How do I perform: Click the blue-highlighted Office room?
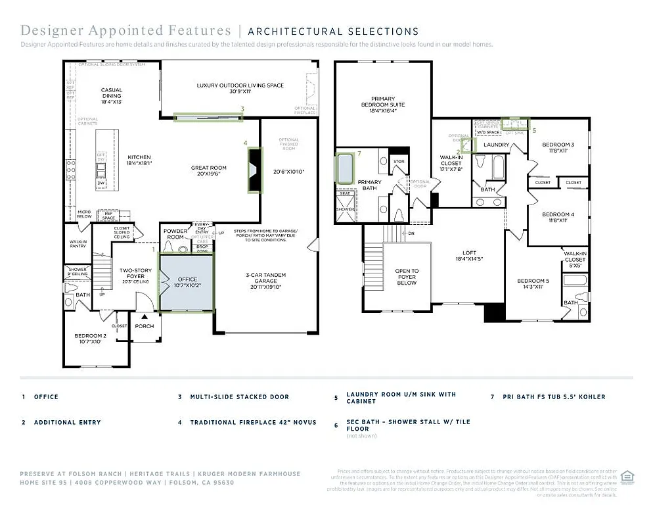[187, 282]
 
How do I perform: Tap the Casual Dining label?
[111, 96]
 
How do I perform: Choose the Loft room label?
[469, 256]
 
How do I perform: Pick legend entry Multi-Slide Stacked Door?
[239, 397]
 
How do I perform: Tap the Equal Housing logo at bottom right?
[627, 476]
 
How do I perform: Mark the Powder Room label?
[176, 234]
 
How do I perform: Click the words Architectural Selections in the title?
[333, 31]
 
